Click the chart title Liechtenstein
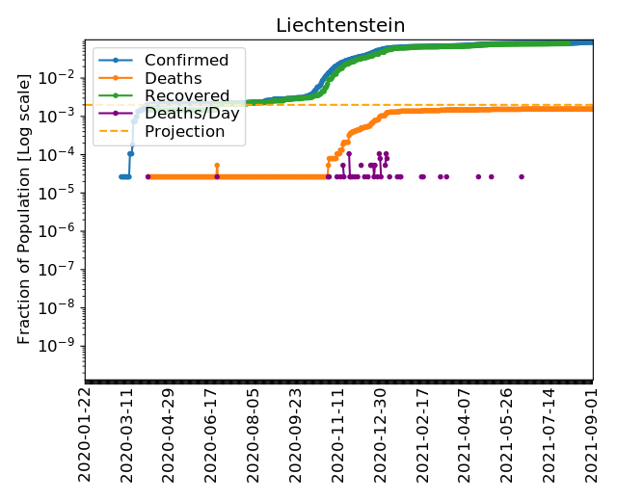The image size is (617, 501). click(340, 25)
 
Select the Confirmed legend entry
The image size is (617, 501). click(186, 61)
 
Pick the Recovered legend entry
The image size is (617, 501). click(187, 96)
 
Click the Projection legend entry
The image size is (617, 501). click(184, 131)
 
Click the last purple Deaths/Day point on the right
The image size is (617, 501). click(522, 176)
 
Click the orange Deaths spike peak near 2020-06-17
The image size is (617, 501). click(217, 166)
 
